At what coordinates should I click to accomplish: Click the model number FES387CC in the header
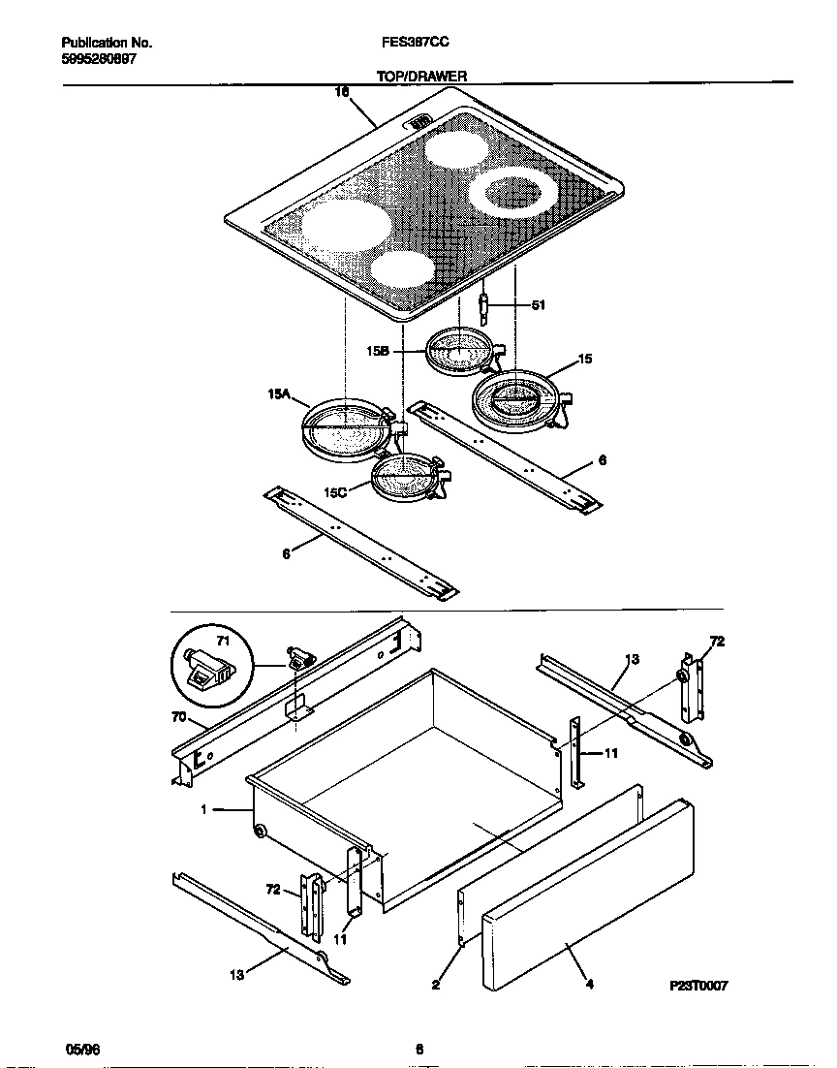(416, 43)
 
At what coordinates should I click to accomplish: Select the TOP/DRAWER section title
(421, 75)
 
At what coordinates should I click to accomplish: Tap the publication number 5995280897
(98, 58)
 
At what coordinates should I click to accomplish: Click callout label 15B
(378, 352)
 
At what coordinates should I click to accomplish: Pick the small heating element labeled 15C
(405, 477)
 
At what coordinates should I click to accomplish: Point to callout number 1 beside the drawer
(203, 809)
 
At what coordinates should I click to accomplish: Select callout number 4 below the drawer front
(589, 985)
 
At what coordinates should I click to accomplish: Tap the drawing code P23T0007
(697, 985)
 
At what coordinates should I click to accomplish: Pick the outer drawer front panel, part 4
(587, 892)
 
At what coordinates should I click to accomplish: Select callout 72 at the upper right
(717, 642)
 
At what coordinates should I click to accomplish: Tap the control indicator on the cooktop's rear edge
(418, 123)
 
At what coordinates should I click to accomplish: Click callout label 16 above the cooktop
(341, 91)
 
